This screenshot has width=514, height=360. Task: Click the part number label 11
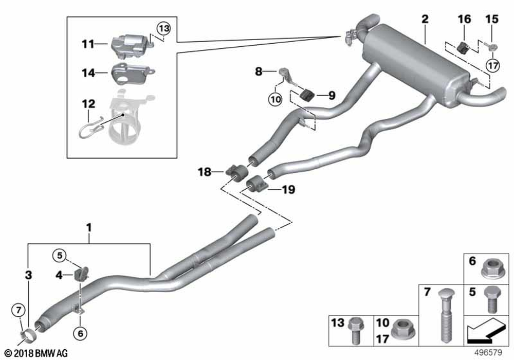88,44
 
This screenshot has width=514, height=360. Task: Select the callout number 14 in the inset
88,73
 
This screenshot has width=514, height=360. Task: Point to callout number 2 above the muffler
425,20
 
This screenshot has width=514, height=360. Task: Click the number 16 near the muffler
464,20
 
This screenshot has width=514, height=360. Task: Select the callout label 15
492,20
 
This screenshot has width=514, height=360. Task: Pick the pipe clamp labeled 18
234,171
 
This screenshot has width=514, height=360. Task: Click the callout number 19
288,190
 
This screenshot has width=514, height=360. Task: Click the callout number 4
60,276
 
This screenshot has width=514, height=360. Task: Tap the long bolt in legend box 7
444,314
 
